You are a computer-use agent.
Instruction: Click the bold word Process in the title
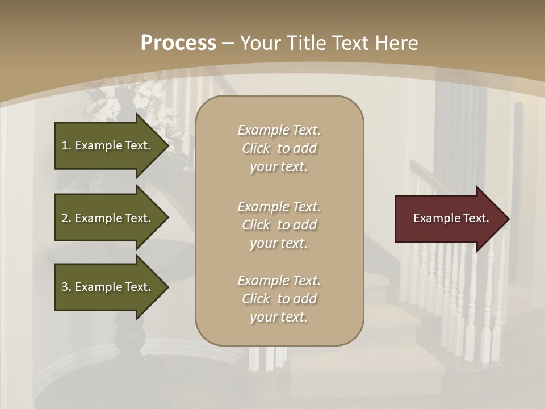point(178,43)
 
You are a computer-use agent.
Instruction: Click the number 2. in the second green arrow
point(66,218)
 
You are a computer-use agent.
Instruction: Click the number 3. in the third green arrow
point(66,287)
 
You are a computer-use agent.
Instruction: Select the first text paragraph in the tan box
point(279,148)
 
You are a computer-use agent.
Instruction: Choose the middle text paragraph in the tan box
point(279,225)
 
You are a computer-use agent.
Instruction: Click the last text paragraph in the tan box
point(279,299)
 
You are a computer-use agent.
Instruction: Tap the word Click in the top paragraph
point(256,148)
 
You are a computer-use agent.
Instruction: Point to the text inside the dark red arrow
point(451,218)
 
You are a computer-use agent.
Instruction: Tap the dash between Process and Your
point(228,43)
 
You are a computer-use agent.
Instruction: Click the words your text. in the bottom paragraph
point(279,317)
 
